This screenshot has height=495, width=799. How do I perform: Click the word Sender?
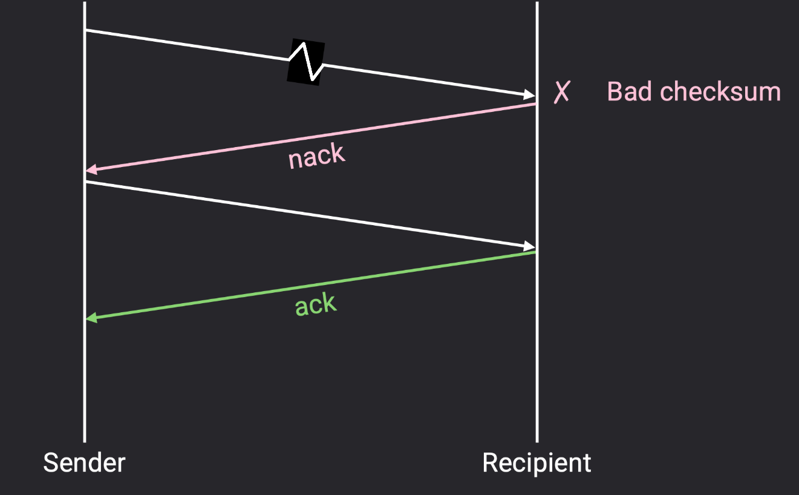(x=84, y=463)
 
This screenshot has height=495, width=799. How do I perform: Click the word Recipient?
(x=536, y=463)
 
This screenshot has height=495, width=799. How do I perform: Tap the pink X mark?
(x=562, y=92)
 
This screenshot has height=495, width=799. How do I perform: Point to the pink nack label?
(x=316, y=157)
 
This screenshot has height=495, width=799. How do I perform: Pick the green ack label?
(x=315, y=304)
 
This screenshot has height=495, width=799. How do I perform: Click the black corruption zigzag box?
(x=305, y=62)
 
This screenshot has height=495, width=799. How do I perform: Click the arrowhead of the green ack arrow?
(x=91, y=318)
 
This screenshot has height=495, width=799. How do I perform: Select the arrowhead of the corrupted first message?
(x=530, y=94)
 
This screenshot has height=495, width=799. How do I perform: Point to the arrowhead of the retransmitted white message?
(x=530, y=246)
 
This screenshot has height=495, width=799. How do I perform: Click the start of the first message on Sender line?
(x=85, y=30)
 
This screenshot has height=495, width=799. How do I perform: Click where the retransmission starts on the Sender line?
(x=85, y=181)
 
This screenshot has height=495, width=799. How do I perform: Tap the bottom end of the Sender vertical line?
(x=84, y=441)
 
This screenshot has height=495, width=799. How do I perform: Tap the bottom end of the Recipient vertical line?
(x=537, y=441)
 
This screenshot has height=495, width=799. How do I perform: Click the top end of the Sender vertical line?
(x=84, y=3)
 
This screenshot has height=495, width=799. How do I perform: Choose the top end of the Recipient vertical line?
(x=537, y=3)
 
